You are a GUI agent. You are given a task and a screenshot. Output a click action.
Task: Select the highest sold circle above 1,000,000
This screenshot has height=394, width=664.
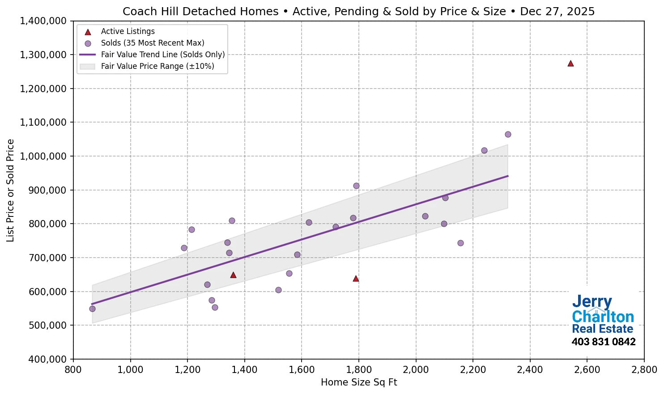(x=508, y=134)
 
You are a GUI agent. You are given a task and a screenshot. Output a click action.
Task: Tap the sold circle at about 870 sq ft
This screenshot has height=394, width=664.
(x=92, y=309)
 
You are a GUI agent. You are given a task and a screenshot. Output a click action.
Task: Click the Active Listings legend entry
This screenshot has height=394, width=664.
(x=128, y=31)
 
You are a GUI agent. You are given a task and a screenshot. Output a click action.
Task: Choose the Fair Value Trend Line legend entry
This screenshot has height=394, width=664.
(x=162, y=55)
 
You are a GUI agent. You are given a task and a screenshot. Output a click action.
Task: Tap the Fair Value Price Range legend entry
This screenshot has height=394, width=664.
(x=157, y=66)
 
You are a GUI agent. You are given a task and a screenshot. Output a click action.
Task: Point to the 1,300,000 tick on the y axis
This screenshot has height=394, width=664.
(x=43, y=55)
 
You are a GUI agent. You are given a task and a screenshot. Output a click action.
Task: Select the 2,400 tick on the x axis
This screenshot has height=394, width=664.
(x=530, y=370)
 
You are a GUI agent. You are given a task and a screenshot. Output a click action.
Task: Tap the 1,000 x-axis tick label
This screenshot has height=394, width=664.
(x=130, y=370)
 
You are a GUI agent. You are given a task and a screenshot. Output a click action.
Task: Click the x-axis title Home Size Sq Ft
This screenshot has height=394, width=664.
(x=359, y=382)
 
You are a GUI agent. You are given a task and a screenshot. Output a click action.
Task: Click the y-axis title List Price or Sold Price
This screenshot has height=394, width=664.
(x=11, y=190)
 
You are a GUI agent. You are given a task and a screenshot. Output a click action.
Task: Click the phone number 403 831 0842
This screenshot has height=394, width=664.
(x=603, y=342)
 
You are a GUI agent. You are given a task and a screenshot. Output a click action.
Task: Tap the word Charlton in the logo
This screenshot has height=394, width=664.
(x=603, y=317)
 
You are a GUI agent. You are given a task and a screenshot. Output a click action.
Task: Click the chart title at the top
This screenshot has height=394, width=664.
(x=358, y=11)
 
